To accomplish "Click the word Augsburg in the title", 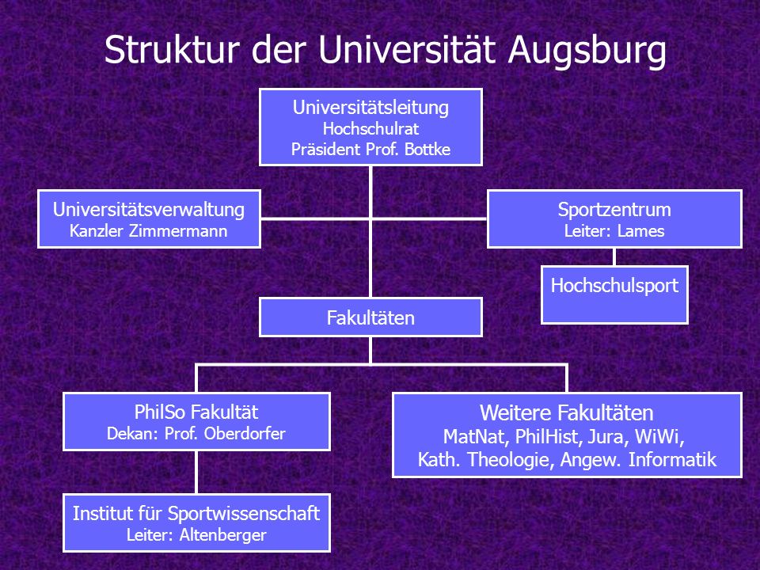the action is [587, 51].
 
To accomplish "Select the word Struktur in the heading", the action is [172, 49].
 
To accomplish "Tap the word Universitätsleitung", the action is [370, 108].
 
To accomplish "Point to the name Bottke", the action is [427, 149].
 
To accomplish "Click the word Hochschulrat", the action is [370, 128].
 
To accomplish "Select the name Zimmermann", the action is [178, 230].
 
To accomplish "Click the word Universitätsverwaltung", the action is [149, 210].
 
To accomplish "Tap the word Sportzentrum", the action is [614, 210].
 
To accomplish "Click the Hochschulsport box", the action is [614, 294].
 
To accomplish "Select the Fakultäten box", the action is [370, 317].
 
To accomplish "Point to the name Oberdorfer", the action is [245, 433].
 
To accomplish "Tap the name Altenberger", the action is [223, 535].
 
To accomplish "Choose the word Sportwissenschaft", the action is [251, 514].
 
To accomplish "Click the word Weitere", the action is [512, 413].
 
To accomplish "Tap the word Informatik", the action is [672, 459].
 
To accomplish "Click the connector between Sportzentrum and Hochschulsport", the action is [614, 256].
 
